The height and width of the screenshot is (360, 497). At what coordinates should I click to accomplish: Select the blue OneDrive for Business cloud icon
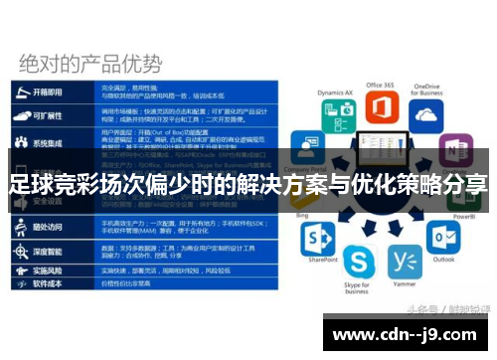click(x=426, y=116)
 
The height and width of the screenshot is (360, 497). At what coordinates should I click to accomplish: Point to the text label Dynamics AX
click(x=334, y=92)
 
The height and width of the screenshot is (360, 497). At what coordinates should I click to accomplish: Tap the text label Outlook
click(x=443, y=261)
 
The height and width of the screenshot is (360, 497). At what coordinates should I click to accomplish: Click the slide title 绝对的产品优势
click(x=89, y=63)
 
